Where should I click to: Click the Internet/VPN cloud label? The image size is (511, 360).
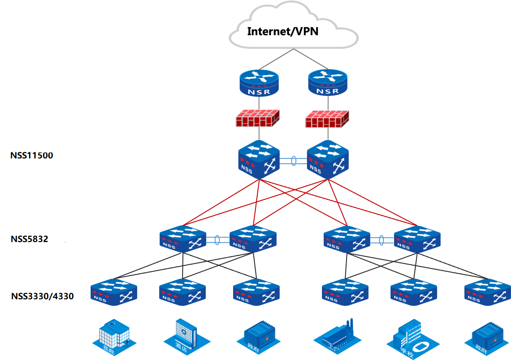pos(283,31)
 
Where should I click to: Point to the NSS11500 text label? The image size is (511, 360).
pos(32,155)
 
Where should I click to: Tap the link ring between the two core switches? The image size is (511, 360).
pos(293,161)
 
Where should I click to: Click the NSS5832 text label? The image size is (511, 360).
pos(29,239)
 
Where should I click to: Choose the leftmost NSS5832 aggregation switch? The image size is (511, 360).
pos(182,239)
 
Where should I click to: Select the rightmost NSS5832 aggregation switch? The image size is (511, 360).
pos(417,239)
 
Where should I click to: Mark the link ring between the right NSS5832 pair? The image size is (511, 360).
pos(381,240)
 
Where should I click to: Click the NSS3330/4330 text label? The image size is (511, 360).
pos(42,296)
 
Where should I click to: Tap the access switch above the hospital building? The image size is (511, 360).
pos(114,292)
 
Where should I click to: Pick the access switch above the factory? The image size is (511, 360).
pos(345,292)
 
